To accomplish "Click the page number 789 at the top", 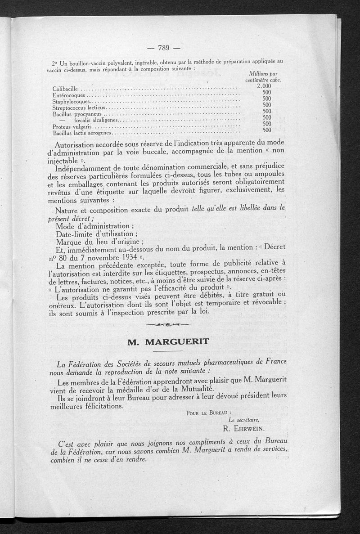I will pos(163,48).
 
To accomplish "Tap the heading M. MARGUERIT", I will pos(168,341).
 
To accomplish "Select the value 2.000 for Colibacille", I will pos(265,86).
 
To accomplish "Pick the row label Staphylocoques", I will pos(72,102).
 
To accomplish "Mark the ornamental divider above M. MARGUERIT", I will pos(168,325).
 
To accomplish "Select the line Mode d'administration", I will pos(94,225).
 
